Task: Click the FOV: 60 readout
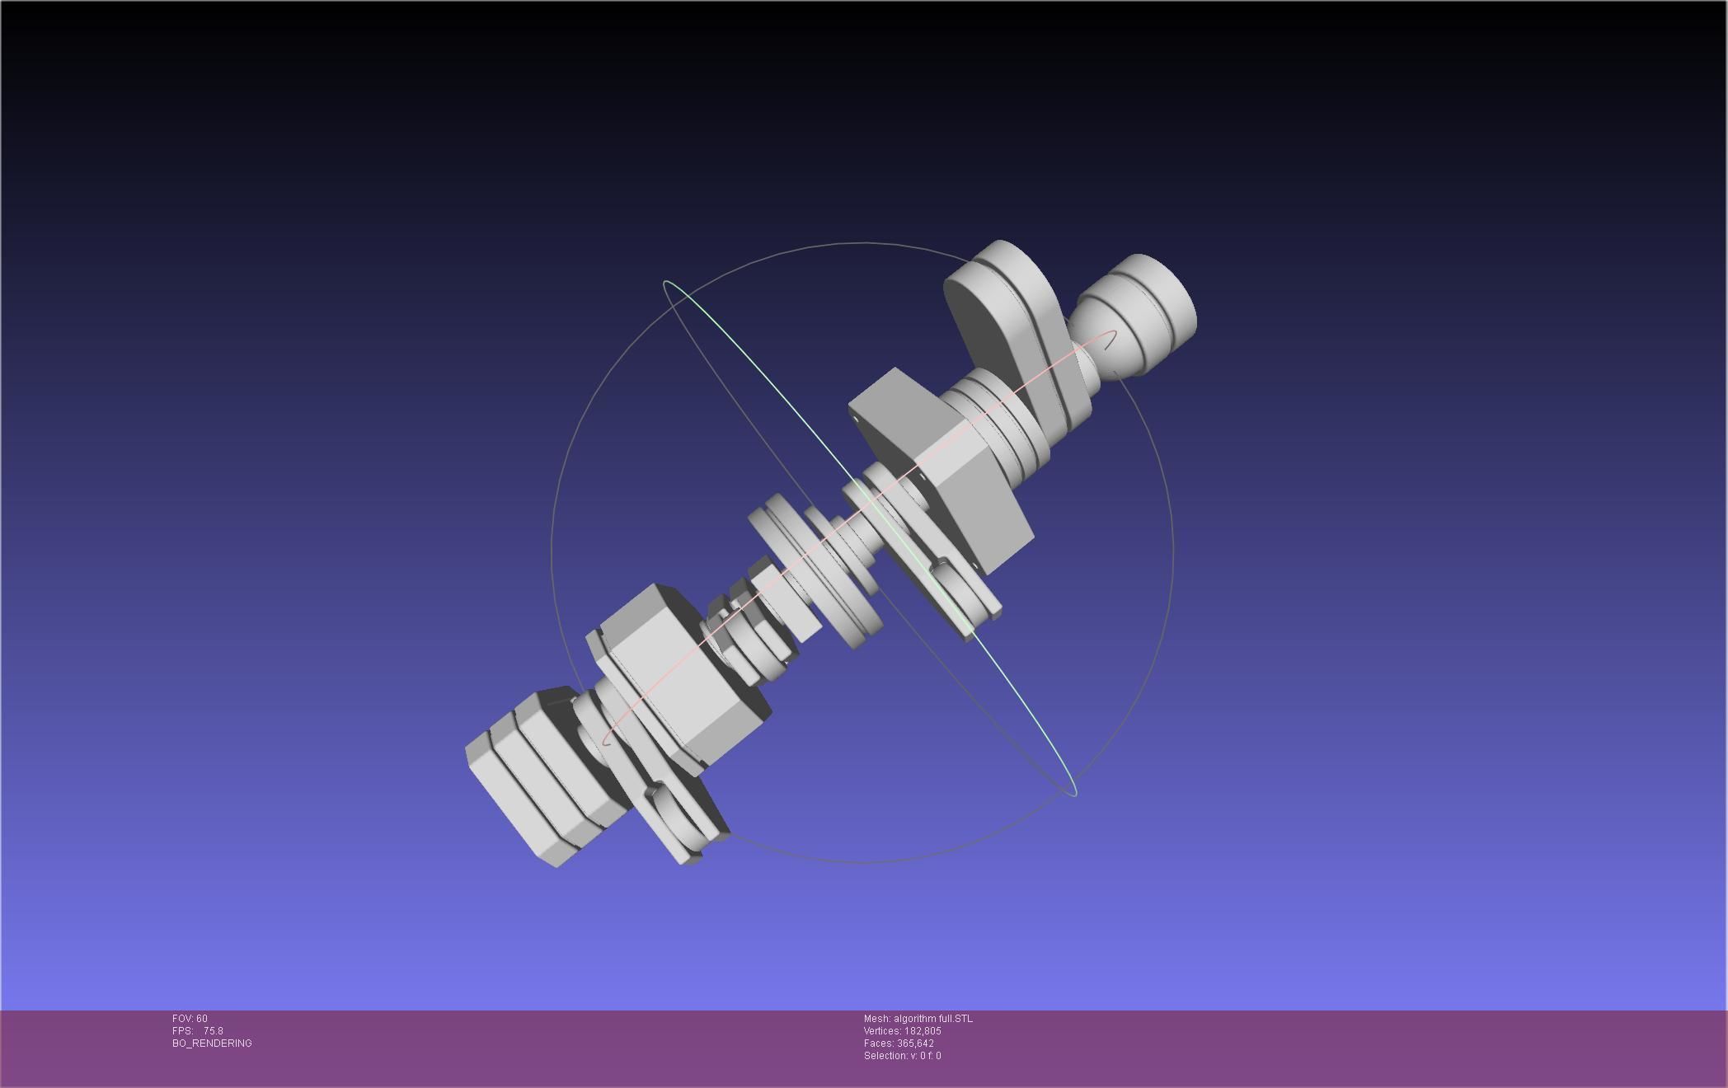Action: point(190,1019)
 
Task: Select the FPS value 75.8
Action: point(213,1031)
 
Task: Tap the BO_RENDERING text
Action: point(212,1043)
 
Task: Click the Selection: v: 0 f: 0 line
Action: point(902,1056)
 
